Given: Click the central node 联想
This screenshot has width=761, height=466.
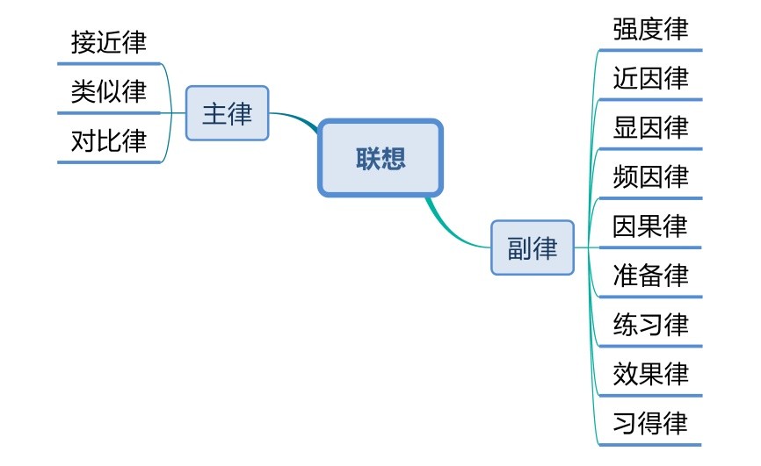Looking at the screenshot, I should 380,158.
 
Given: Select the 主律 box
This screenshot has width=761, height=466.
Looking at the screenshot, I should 227,114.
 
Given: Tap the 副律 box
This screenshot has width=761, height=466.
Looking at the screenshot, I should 533,247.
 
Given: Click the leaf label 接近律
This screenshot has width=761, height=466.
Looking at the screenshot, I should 109,42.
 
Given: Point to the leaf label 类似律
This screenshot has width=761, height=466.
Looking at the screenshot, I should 109,91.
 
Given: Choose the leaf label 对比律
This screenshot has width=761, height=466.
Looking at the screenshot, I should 109,140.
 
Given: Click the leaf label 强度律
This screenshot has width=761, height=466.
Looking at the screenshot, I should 650,29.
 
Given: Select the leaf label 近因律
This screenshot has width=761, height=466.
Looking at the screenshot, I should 650,79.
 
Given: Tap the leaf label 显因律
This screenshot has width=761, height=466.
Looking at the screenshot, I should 650,128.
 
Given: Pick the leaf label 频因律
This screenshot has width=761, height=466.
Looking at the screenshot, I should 650,177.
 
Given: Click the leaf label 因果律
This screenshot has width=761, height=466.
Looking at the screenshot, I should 650,226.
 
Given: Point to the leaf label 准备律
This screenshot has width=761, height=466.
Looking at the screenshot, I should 650,276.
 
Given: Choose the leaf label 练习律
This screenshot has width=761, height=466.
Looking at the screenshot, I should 650,326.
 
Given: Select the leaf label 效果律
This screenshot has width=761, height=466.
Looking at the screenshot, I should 650,375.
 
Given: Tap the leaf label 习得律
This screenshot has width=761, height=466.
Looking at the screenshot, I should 650,424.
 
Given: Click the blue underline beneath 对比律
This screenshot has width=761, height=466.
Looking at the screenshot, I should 109,161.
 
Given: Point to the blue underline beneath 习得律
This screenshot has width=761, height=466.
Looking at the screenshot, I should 650,445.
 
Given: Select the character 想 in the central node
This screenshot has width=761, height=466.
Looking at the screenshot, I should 394,158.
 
